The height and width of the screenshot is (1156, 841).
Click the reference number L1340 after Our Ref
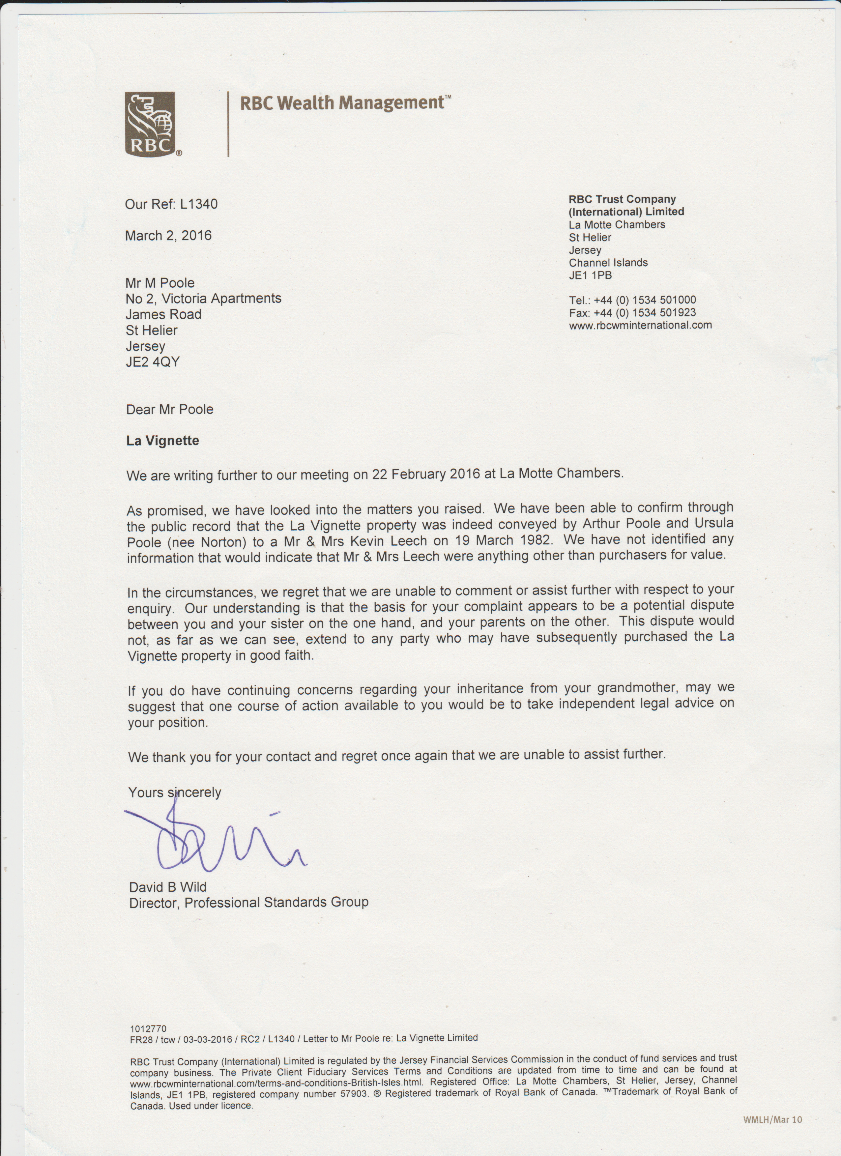(199, 204)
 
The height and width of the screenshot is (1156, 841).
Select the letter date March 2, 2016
(168, 236)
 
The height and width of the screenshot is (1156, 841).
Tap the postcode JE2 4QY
(153, 362)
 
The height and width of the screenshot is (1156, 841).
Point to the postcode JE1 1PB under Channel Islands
(590, 275)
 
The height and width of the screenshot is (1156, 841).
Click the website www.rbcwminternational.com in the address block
(640, 325)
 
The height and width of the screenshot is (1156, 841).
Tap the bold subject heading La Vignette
(162, 441)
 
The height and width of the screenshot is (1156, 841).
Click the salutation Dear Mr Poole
(170, 409)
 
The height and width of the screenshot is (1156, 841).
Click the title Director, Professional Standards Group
(249, 903)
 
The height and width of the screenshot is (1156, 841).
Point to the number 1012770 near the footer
(148, 1028)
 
